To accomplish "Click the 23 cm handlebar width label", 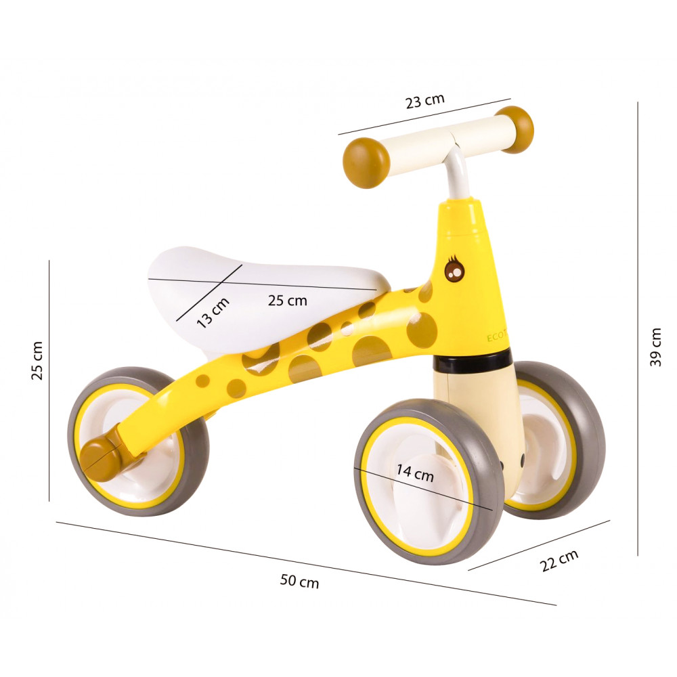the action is click(425, 101).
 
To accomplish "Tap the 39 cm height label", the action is click(655, 347).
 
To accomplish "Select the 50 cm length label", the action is click(299, 581).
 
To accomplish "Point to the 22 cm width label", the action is click(559, 561).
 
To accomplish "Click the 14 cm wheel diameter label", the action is click(415, 473).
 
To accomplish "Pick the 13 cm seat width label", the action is click(213, 313).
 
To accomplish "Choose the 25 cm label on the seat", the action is click(288, 300).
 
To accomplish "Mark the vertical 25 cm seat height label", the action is click(37, 361).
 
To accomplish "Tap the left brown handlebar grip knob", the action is click(366, 162).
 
